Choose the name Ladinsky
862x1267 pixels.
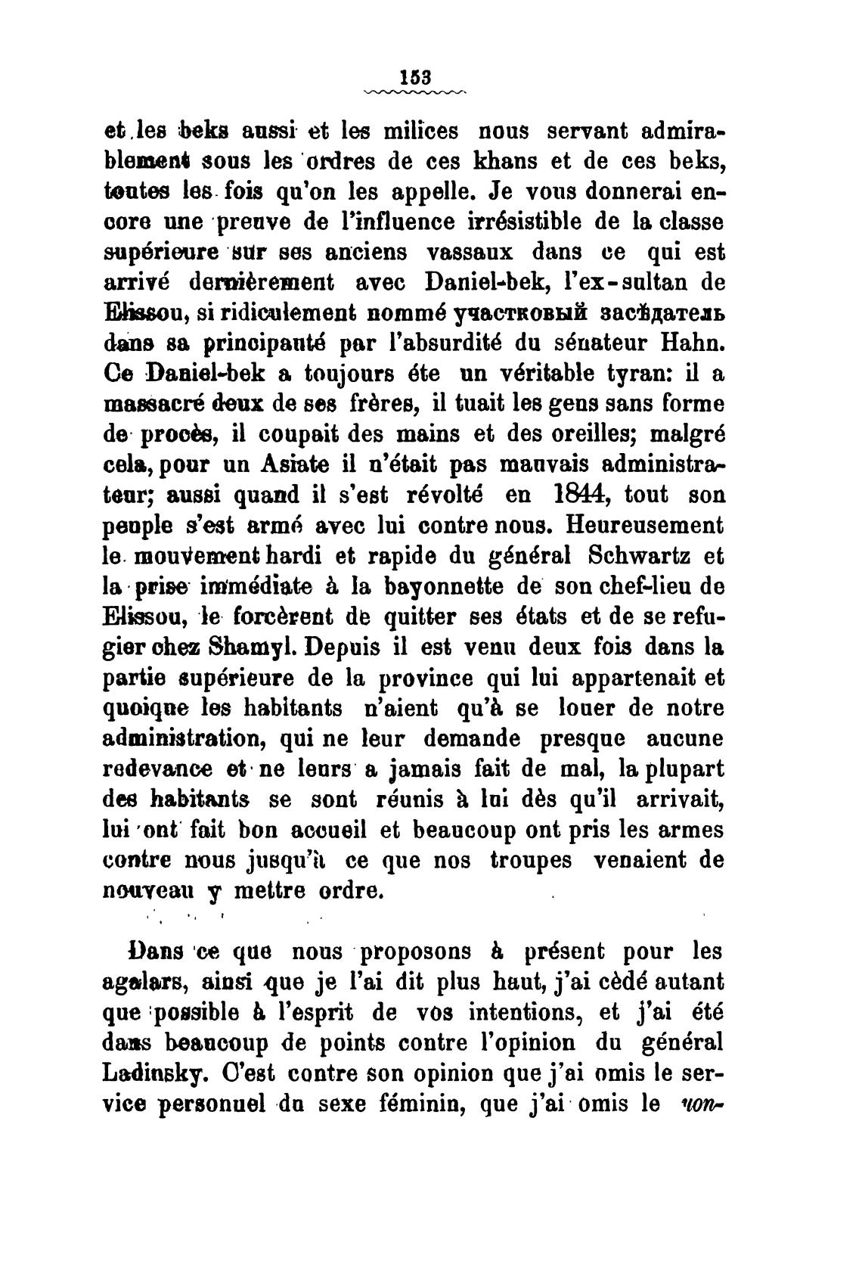coord(146,1073)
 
